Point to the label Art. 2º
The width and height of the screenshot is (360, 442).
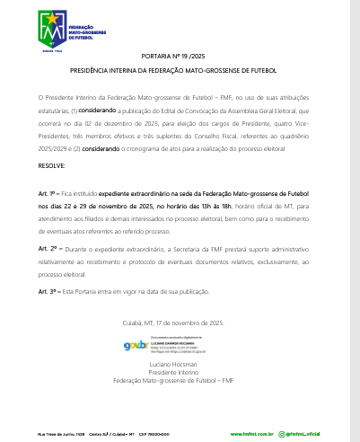pos(48,247)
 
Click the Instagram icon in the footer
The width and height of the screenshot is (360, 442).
pos(278,433)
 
